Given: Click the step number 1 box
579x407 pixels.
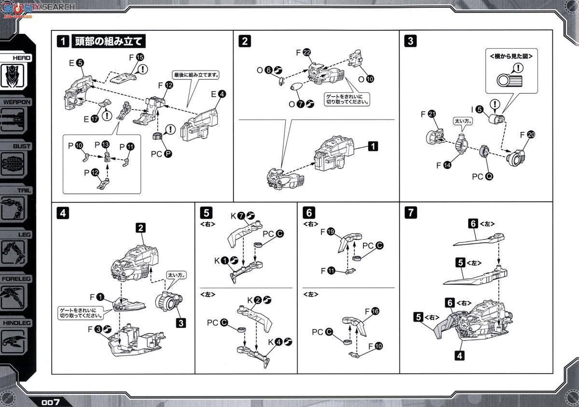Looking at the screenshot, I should coord(63,41).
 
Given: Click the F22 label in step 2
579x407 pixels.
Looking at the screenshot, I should coord(303,52).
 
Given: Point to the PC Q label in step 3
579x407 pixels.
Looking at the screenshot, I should coord(482,177).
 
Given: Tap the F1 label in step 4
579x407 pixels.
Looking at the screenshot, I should coord(96,296).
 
